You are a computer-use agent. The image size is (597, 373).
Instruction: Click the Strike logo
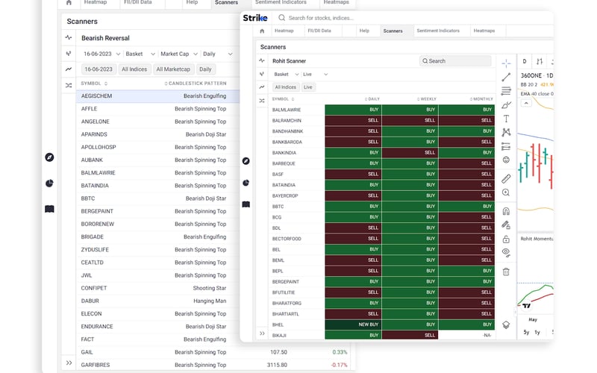click(255, 17)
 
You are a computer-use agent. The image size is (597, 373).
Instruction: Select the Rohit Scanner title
click(290, 61)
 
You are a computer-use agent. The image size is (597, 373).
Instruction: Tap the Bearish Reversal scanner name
click(106, 38)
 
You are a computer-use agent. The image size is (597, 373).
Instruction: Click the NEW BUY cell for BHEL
click(354, 325)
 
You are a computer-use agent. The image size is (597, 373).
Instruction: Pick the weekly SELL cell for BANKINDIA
click(410, 152)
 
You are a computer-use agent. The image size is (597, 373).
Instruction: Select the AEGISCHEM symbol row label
click(96, 96)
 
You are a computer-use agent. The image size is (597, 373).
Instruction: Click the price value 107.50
click(278, 352)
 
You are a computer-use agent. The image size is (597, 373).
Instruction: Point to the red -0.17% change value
click(340, 365)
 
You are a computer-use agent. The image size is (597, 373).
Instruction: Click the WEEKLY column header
click(428, 99)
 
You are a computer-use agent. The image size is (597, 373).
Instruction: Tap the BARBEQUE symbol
click(284, 163)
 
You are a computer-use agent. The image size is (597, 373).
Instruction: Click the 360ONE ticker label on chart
click(531, 75)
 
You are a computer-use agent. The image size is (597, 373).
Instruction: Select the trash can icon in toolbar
click(506, 272)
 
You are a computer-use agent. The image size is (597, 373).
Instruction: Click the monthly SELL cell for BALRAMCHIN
click(467, 120)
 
